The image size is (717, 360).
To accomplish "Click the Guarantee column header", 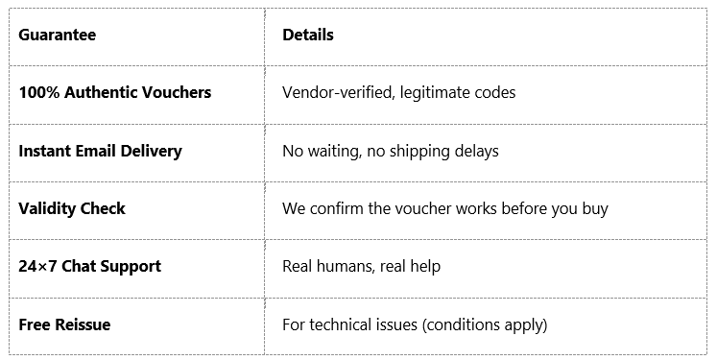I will (57, 36).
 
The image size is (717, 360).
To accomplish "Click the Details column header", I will (308, 36).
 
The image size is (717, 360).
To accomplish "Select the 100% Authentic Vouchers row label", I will (114, 93).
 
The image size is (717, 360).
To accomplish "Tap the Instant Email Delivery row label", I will (100, 151).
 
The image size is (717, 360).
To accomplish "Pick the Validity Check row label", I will (72, 208).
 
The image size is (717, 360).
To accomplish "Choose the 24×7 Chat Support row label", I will (89, 266).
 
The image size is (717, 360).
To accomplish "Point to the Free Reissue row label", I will (64, 324).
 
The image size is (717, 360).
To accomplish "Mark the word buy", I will (594, 208).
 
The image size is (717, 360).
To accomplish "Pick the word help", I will (423, 266).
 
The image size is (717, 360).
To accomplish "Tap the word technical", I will (340, 324).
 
